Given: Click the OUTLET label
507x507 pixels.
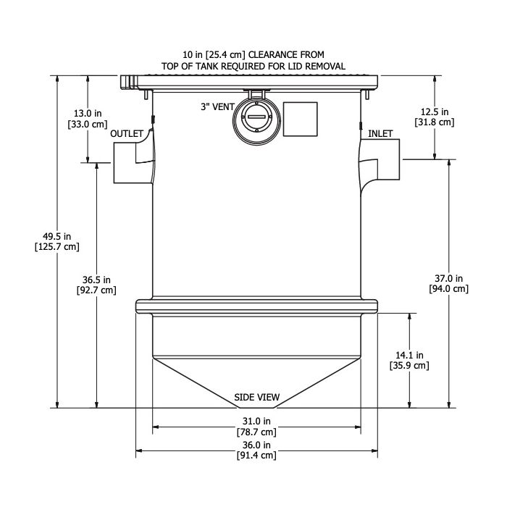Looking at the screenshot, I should tap(127, 134).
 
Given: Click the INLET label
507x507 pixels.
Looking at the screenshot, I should tap(381, 134).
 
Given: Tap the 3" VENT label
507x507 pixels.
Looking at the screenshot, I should tap(217, 106).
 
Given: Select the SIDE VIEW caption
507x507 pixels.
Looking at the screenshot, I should tap(256, 398).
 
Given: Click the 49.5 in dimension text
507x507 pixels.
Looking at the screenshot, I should tap(56, 235).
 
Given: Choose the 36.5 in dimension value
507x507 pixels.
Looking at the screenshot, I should tap(96, 280).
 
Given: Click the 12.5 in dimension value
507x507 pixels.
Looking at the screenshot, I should tap(435, 112).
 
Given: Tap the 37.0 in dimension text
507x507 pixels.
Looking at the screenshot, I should tap(450, 278).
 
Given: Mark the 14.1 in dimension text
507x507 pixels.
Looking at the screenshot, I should tap(410, 354).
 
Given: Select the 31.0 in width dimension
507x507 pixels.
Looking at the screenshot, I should tap(256, 421).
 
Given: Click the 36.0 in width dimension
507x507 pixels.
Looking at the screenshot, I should tap(256, 445).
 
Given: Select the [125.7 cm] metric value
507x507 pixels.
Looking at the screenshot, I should tap(56, 246).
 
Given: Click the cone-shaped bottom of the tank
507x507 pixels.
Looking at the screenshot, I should tap(256, 377).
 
